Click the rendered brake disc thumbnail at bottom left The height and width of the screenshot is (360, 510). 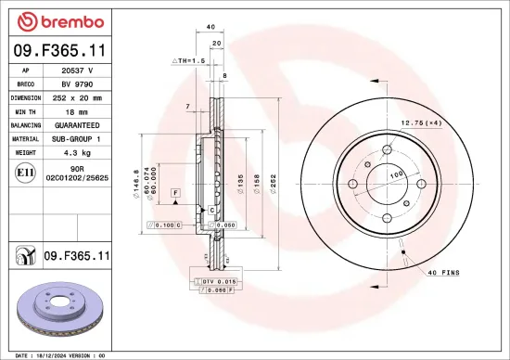tap(60, 308)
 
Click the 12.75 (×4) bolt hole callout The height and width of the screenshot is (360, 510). tap(420, 123)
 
